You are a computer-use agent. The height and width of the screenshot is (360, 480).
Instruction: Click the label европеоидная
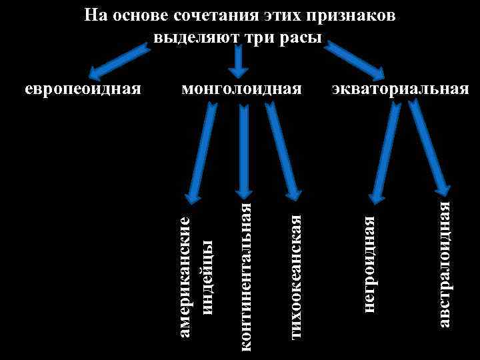coord(83,89)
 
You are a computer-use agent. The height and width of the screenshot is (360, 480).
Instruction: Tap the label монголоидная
coord(241,89)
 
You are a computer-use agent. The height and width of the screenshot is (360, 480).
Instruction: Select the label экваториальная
coord(401,89)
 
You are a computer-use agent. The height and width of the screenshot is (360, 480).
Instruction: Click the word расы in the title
coord(299,36)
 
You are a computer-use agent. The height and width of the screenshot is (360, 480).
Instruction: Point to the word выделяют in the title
coord(193,36)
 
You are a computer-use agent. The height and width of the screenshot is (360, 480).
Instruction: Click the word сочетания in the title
coord(214,15)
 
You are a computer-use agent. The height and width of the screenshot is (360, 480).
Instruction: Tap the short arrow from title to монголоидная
coord(238,61)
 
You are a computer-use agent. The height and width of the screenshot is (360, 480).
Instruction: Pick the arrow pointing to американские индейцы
coord(203,151)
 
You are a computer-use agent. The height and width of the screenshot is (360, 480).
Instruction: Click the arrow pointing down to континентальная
coord(243,151)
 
